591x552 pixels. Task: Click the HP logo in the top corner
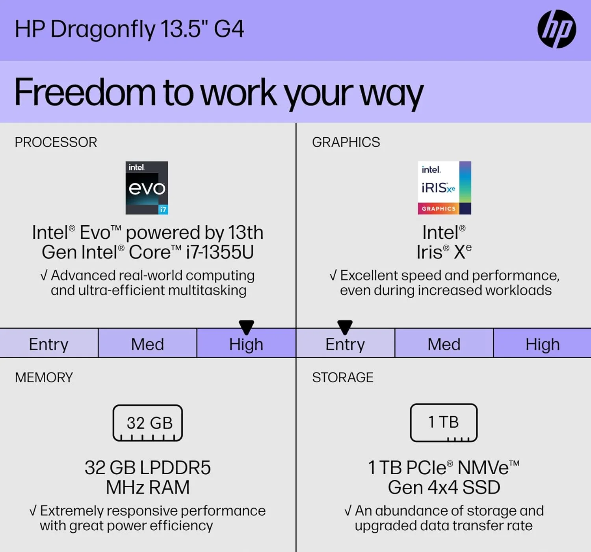point(556,29)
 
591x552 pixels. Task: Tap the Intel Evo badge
point(147,188)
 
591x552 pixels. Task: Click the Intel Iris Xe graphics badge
point(444,188)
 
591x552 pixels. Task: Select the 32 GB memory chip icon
point(148,423)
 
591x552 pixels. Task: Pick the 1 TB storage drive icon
point(444,423)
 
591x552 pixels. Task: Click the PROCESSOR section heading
point(56,142)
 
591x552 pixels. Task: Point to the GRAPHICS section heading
point(346,142)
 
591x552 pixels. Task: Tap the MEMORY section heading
point(44,377)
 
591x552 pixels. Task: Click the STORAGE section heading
point(342,377)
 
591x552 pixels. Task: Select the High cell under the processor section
point(246,344)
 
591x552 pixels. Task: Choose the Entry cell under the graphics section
point(345,344)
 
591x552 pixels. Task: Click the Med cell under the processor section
point(147,344)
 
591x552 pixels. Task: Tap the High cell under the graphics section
point(542,344)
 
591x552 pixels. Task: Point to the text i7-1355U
point(220,252)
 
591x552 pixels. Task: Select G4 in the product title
point(229,29)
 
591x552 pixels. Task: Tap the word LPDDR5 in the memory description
point(175,468)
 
